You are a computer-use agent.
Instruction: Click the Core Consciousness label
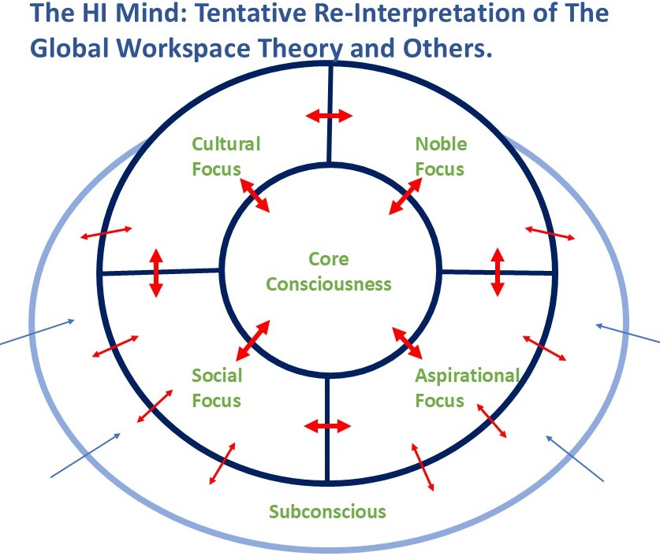329,272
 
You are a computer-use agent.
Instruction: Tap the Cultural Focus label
226,157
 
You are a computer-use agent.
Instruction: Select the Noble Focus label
441,157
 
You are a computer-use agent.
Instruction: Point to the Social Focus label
217,388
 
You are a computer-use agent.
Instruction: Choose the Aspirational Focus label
468,388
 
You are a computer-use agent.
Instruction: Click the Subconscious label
327,511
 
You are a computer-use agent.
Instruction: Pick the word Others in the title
447,48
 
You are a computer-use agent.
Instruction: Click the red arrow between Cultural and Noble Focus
329,116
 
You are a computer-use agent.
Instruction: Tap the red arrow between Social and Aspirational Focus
327,426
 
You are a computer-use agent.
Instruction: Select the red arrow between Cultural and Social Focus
156,273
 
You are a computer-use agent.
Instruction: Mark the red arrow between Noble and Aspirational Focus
498,272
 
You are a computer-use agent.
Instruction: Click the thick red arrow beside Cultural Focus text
254,195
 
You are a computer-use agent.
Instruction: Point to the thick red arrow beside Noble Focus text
405,196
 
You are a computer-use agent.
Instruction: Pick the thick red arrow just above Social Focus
252,340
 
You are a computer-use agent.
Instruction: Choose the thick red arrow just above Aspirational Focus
407,343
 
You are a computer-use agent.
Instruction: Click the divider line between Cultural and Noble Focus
330,113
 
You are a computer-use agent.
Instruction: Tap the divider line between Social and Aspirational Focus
327,428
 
